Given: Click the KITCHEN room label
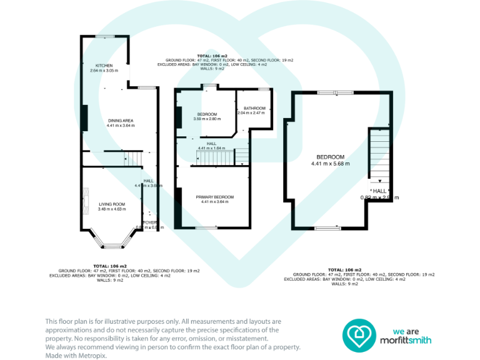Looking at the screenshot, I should (104, 66).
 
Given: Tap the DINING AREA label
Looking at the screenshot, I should (121, 120).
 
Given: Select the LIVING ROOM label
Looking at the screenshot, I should (112, 204).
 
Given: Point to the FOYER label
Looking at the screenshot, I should (150, 222).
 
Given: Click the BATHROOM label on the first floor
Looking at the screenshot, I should (255, 108).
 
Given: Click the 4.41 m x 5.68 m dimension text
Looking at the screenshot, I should (330, 164).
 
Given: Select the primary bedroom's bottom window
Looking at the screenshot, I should (205, 228).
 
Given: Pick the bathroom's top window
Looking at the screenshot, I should (264, 89).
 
